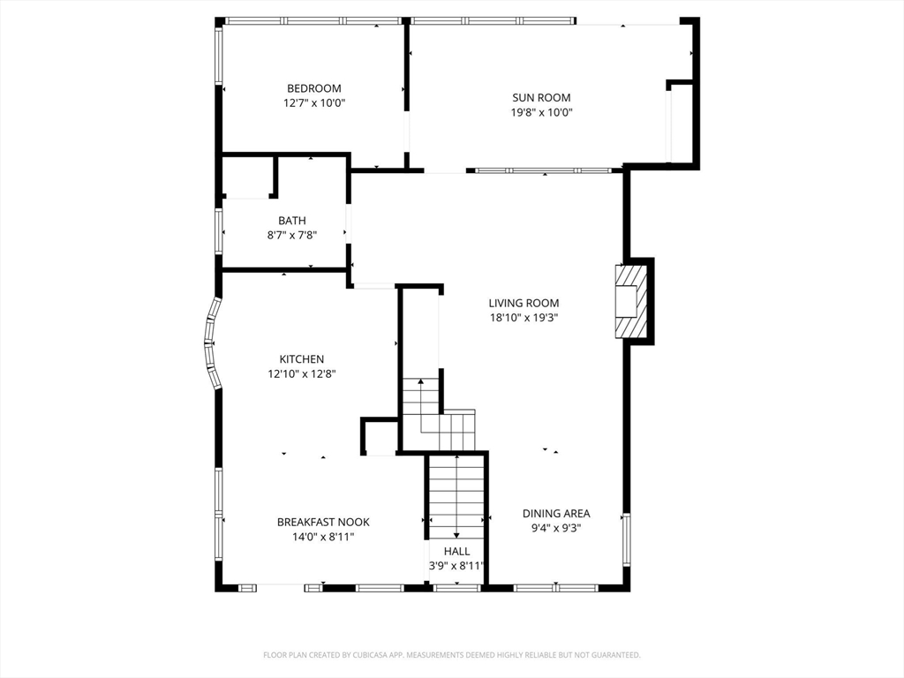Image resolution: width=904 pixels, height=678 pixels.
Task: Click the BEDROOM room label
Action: pyautogui.click(x=314, y=88)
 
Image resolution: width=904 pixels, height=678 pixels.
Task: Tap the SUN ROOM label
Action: pyautogui.click(x=541, y=97)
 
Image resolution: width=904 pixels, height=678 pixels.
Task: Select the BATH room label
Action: pyautogui.click(x=292, y=220)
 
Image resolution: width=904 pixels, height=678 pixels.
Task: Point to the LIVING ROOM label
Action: pyautogui.click(x=524, y=303)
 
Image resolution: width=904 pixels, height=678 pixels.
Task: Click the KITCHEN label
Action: pyautogui.click(x=302, y=359)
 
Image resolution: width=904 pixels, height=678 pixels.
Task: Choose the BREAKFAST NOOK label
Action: pyautogui.click(x=323, y=522)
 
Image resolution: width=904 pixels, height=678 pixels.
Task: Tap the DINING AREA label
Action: pyautogui.click(x=556, y=513)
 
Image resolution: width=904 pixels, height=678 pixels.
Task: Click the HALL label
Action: pyautogui.click(x=456, y=551)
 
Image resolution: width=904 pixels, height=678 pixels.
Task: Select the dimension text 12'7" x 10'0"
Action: pyautogui.click(x=314, y=103)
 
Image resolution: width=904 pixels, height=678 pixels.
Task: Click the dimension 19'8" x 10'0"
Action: pyautogui.click(x=541, y=112)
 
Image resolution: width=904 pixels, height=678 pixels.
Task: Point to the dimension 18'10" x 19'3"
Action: pyautogui.click(x=524, y=318)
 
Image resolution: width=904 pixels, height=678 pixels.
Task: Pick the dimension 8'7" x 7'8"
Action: pyautogui.click(x=292, y=235)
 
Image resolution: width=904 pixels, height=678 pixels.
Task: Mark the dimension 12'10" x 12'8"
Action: pyautogui.click(x=302, y=374)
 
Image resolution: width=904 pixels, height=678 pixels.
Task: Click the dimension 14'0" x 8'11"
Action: pyautogui.click(x=323, y=537)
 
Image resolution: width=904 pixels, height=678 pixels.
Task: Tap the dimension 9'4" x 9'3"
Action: pyautogui.click(x=556, y=528)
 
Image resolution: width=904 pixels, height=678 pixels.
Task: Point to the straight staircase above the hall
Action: pyautogui.click(x=456, y=497)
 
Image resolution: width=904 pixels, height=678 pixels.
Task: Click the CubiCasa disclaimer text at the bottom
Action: pyautogui.click(x=452, y=655)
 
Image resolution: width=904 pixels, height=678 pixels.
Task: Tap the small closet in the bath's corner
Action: pyautogui.click(x=247, y=177)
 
